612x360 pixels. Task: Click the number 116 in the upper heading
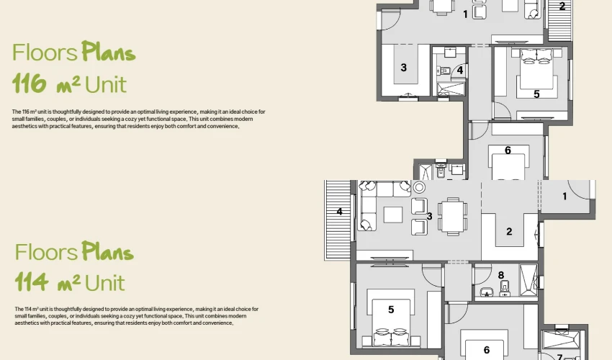(30, 84)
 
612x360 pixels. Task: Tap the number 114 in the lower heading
(32, 282)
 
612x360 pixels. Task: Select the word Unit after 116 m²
(106, 84)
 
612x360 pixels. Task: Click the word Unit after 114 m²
(104, 283)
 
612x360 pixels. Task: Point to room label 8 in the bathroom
(501, 275)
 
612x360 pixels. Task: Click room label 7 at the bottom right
(559, 357)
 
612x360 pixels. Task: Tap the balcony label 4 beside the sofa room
(340, 212)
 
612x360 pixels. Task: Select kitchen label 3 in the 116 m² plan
(404, 68)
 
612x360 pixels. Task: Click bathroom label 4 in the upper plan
(460, 71)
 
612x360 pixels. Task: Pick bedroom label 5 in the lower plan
(391, 310)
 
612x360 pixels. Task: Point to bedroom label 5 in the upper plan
(536, 94)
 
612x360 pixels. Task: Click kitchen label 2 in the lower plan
(509, 232)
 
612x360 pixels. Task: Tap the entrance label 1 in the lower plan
(564, 197)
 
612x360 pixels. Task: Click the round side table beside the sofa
(419, 187)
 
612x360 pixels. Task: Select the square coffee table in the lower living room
(393, 215)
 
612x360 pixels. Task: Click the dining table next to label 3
(453, 216)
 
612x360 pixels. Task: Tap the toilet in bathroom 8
(505, 289)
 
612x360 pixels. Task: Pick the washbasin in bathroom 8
(487, 292)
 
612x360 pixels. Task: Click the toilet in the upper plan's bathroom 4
(444, 71)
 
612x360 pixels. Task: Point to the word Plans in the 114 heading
(107, 251)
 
